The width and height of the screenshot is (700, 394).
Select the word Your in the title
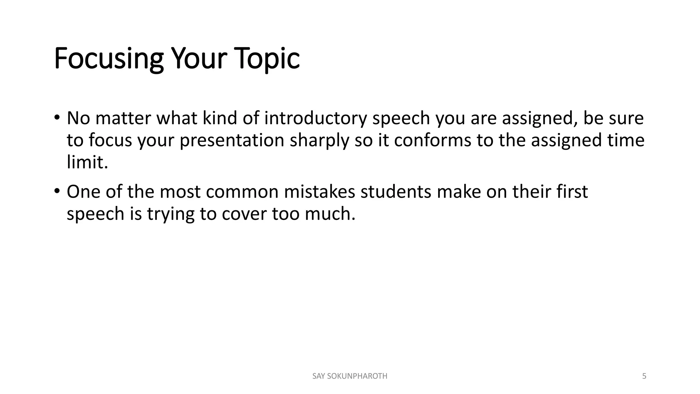tap(199, 59)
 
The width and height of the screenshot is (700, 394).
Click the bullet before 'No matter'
tap(57, 117)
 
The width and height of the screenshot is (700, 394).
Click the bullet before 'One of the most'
tap(57, 191)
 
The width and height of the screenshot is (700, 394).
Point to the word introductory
tap(315, 118)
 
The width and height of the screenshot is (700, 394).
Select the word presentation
tap(232, 140)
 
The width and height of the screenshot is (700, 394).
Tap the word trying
tap(171, 214)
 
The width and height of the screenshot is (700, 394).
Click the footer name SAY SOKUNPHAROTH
tap(350, 376)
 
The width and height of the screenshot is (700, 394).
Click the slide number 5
tap(644, 376)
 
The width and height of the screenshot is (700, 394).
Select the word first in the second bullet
tap(572, 192)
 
